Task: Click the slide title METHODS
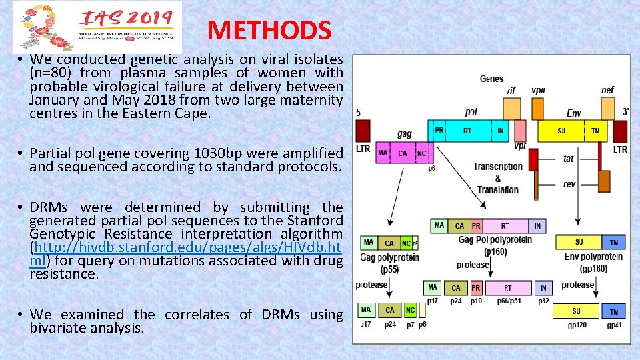pos(269,30)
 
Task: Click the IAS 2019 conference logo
pos(97,27)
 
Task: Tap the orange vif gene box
pos(511,108)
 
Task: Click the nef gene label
pos(607,90)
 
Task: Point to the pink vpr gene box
pos(520,129)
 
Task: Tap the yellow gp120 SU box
pos(576,311)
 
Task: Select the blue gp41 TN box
pos(613,311)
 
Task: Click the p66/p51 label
pos(511,301)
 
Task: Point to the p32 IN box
pos(543,288)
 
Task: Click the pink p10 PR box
pos(476,288)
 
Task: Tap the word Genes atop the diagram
pos(491,79)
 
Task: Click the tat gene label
pos(568,159)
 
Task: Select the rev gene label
pos(569,184)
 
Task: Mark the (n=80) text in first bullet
pos(53,73)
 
